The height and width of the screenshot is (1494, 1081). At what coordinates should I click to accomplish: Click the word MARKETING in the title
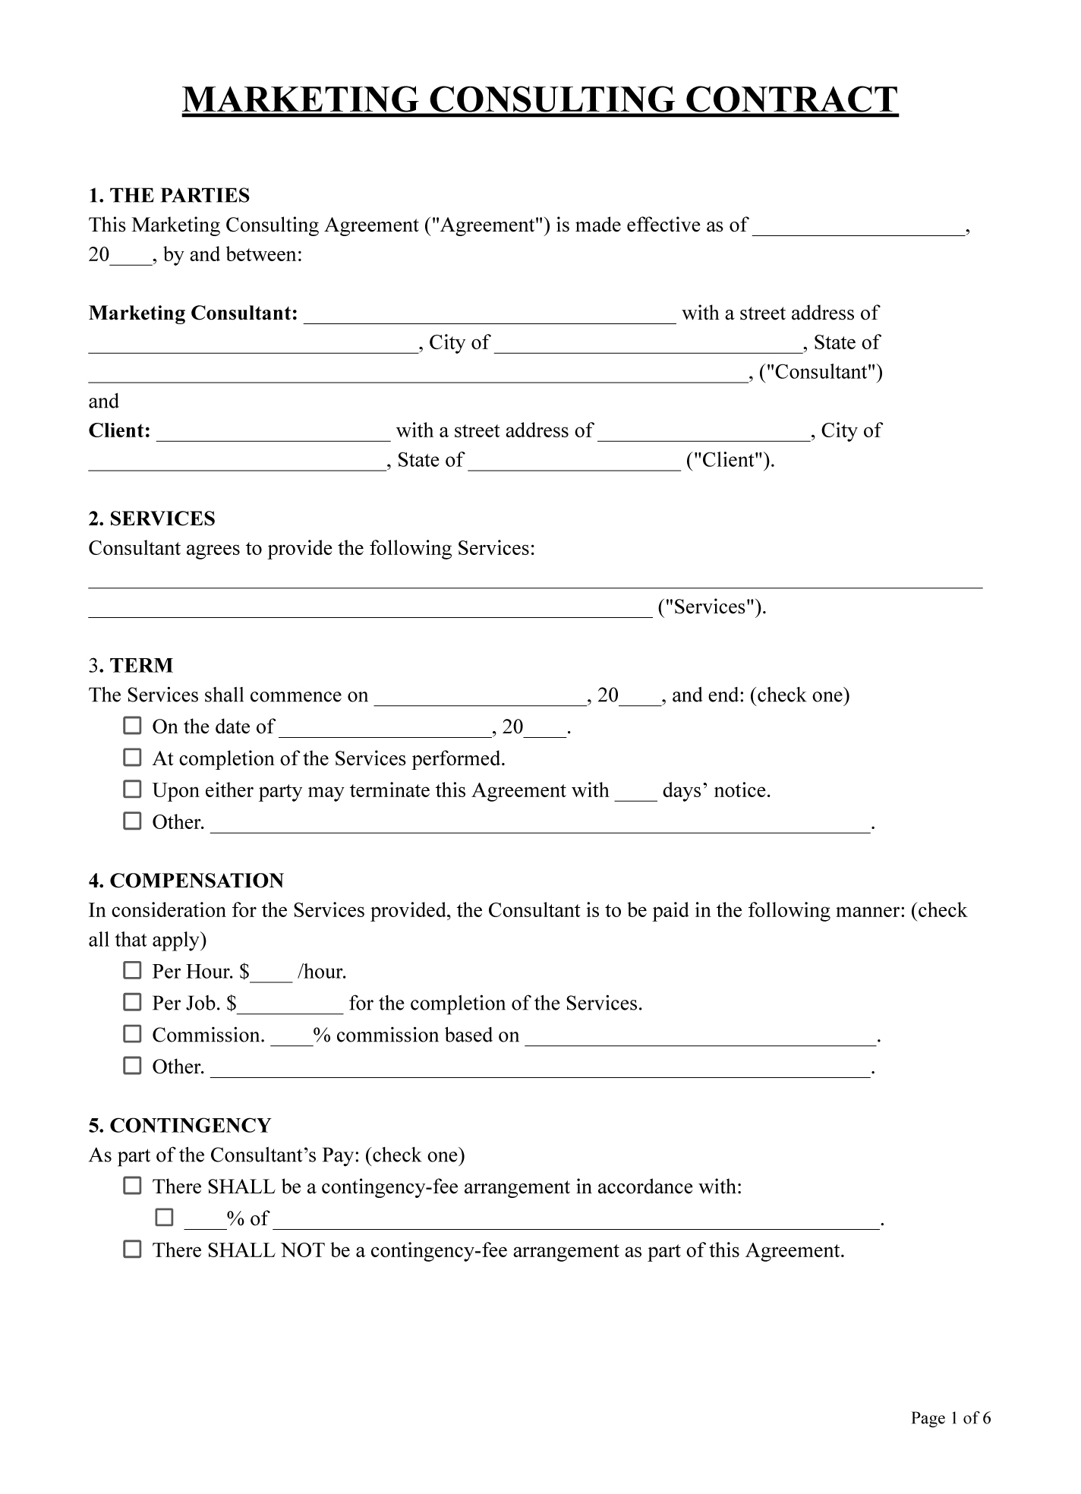tap(300, 100)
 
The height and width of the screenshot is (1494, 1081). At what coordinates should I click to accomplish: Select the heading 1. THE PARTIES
tap(169, 196)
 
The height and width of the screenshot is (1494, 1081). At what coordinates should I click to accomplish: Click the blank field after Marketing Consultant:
tap(490, 315)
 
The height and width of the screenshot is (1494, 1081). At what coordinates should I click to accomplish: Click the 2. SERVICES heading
tap(152, 519)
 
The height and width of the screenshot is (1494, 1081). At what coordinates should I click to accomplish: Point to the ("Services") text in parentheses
tap(711, 607)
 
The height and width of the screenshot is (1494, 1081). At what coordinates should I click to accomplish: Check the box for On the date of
tap(133, 726)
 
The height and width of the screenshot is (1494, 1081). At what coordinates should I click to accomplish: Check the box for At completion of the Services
tap(133, 758)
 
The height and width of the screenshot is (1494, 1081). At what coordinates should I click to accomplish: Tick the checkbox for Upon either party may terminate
tap(133, 790)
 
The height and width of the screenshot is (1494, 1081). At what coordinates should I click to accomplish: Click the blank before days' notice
tap(635, 793)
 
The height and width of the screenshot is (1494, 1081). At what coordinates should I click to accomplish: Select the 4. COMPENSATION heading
tap(186, 881)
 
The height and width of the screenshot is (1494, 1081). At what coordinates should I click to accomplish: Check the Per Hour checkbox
tap(133, 970)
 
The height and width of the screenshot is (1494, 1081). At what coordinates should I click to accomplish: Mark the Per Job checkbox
tap(133, 1002)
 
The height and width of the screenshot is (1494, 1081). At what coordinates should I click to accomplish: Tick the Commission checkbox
tap(133, 1034)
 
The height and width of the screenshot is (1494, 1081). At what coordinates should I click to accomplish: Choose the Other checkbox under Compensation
tap(133, 1066)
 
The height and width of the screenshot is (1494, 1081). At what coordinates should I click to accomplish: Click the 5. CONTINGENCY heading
tap(180, 1126)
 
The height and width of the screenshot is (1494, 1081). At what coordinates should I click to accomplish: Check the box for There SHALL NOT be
tap(133, 1250)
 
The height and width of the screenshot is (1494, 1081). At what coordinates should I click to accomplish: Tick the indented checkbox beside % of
tap(165, 1218)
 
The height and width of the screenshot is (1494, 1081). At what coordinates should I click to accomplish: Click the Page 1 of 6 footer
tap(950, 1418)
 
